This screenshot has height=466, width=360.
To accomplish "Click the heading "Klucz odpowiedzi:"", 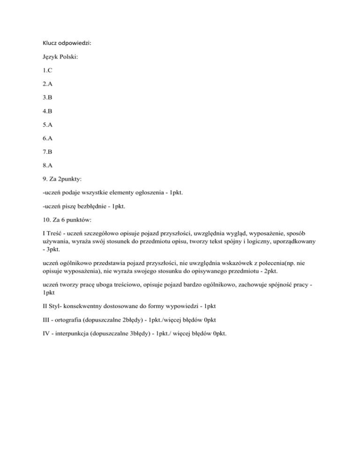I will tap(67, 44).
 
